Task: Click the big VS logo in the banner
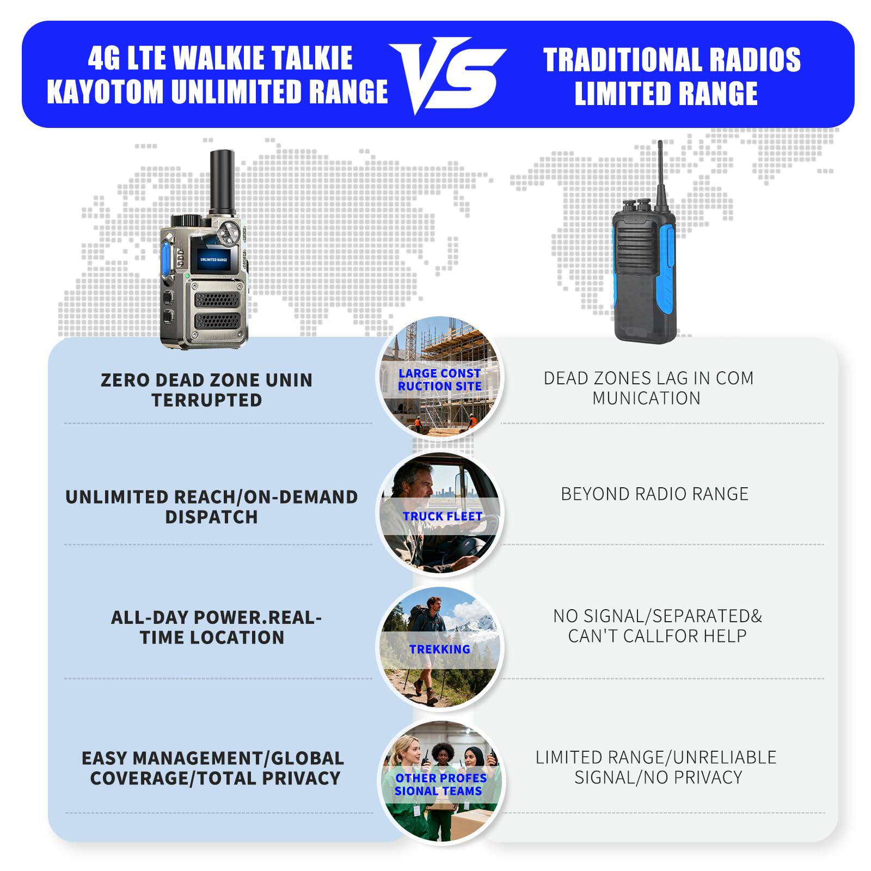447,75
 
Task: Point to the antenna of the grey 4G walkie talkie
223,182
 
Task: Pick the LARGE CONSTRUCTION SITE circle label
439,380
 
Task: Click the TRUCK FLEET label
442,516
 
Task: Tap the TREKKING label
439,649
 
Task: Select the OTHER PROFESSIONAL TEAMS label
440,784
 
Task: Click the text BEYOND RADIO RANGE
654,494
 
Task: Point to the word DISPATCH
211,517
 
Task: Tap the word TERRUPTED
207,400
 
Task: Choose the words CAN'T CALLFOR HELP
657,636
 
